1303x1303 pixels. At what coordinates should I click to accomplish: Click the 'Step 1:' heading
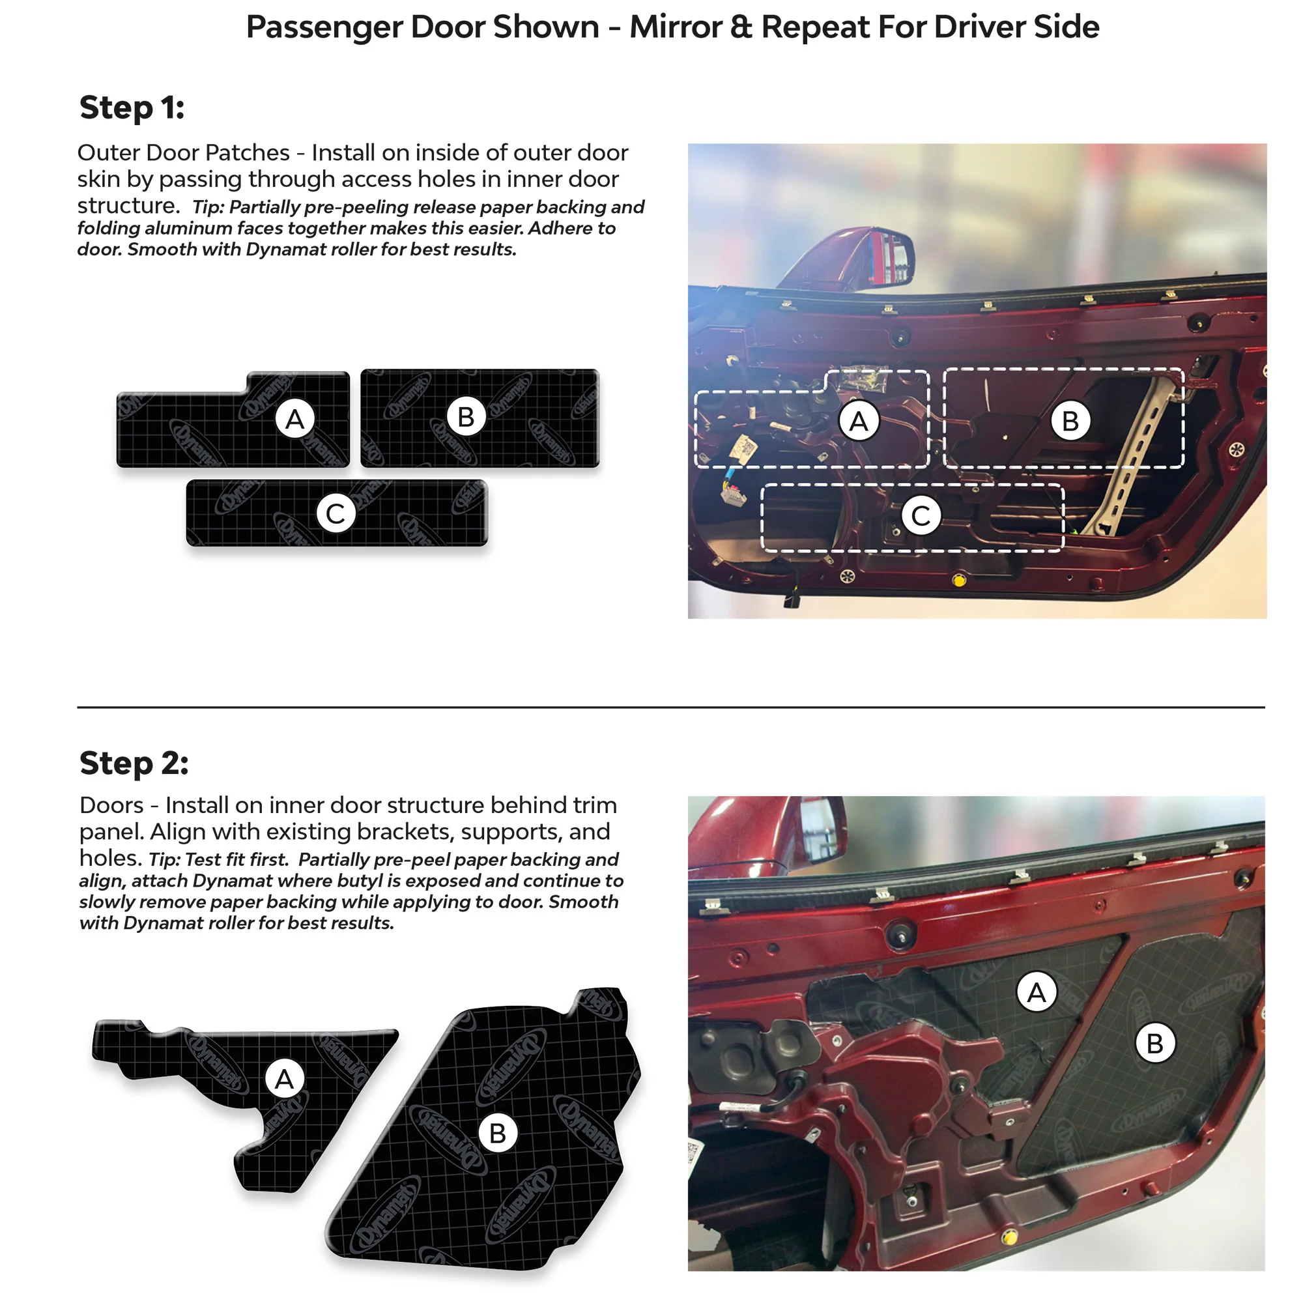click(x=132, y=108)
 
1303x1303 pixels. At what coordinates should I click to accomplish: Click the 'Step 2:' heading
click(x=134, y=764)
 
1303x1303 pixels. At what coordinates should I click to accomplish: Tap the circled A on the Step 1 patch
click(x=294, y=419)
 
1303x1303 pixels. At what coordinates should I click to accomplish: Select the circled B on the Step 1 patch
click(x=466, y=417)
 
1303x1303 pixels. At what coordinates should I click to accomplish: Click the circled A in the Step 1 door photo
click(x=859, y=421)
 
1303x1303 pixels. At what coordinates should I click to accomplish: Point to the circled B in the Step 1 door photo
click(x=1070, y=420)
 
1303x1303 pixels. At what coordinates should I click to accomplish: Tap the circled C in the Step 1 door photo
click(x=921, y=516)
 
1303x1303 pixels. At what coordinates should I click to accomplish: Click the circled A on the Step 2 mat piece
click(x=285, y=1078)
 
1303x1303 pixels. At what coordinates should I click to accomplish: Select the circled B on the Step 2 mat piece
click(x=498, y=1132)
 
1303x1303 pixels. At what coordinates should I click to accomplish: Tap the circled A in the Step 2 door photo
click(x=1037, y=992)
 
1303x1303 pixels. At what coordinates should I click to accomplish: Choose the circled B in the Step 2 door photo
click(x=1155, y=1042)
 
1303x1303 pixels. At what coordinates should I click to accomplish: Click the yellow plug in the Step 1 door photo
click(x=959, y=580)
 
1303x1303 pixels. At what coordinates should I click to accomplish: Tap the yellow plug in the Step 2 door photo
click(x=1009, y=1237)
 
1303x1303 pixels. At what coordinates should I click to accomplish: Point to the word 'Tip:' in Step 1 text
click(x=208, y=207)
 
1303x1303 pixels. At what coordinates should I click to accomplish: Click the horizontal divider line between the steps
click(x=671, y=707)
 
